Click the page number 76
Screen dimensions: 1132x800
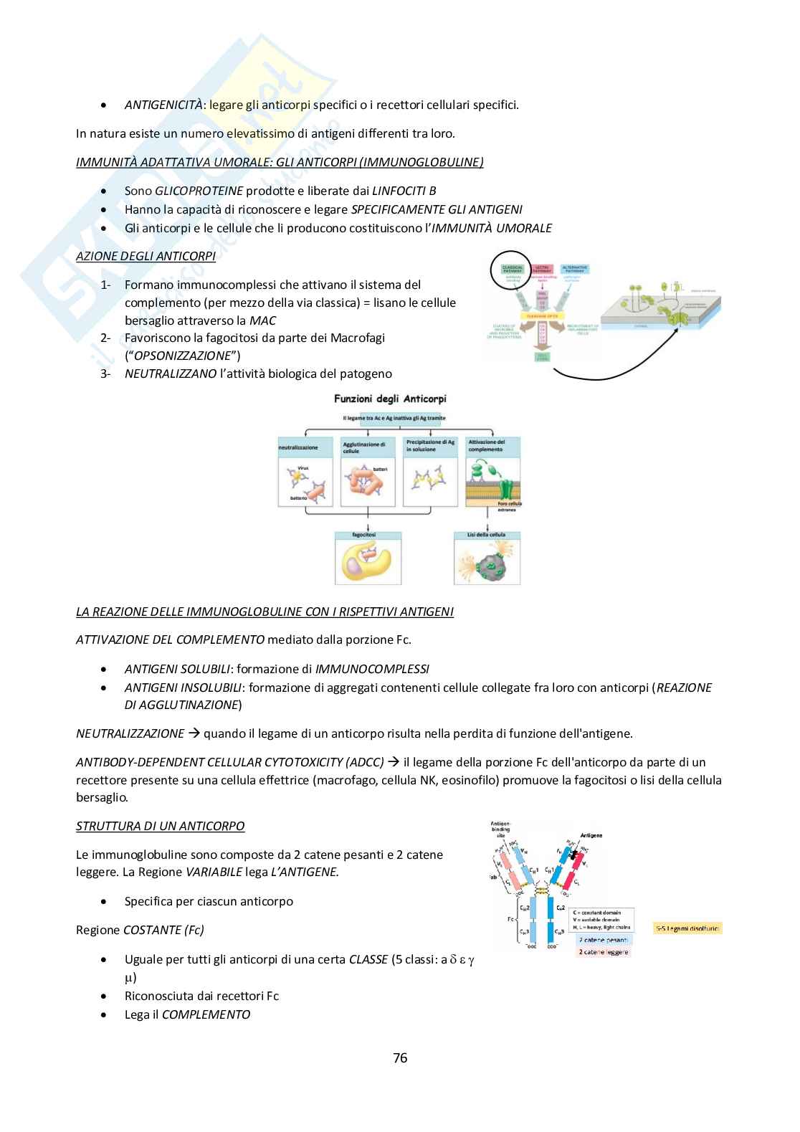click(400, 1057)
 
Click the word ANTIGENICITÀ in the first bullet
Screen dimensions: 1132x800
click(163, 105)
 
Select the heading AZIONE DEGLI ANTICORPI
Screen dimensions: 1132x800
click(146, 256)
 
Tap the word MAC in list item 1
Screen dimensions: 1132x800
click(262, 320)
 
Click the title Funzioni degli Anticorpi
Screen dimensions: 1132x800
click(390, 399)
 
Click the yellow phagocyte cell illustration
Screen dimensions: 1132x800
click(367, 563)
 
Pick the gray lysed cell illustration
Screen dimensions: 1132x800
click(487, 564)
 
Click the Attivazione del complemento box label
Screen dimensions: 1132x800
click(487, 446)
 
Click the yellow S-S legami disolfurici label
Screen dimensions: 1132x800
click(688, 928)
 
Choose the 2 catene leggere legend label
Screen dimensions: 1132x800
click(604, 951)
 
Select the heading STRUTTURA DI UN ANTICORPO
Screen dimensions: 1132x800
click(160, 826)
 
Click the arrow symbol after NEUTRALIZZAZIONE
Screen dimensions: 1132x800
click(194, 733)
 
